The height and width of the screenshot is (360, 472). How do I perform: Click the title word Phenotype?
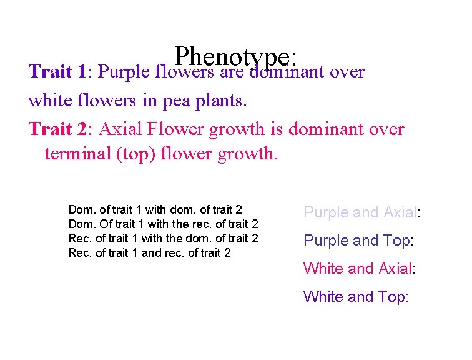point(235,57)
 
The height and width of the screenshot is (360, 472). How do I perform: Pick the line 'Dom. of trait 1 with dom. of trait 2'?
point(155,210)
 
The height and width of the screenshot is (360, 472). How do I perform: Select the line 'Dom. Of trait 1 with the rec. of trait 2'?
point(163,224)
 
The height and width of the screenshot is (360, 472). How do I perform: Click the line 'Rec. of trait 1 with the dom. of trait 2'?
point(163,238)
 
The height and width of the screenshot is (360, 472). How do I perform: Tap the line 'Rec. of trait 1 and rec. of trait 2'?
point(149,252)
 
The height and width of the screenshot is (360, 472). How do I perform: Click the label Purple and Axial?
point(361,212)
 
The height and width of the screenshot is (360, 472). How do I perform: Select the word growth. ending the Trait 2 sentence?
point(249,153)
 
